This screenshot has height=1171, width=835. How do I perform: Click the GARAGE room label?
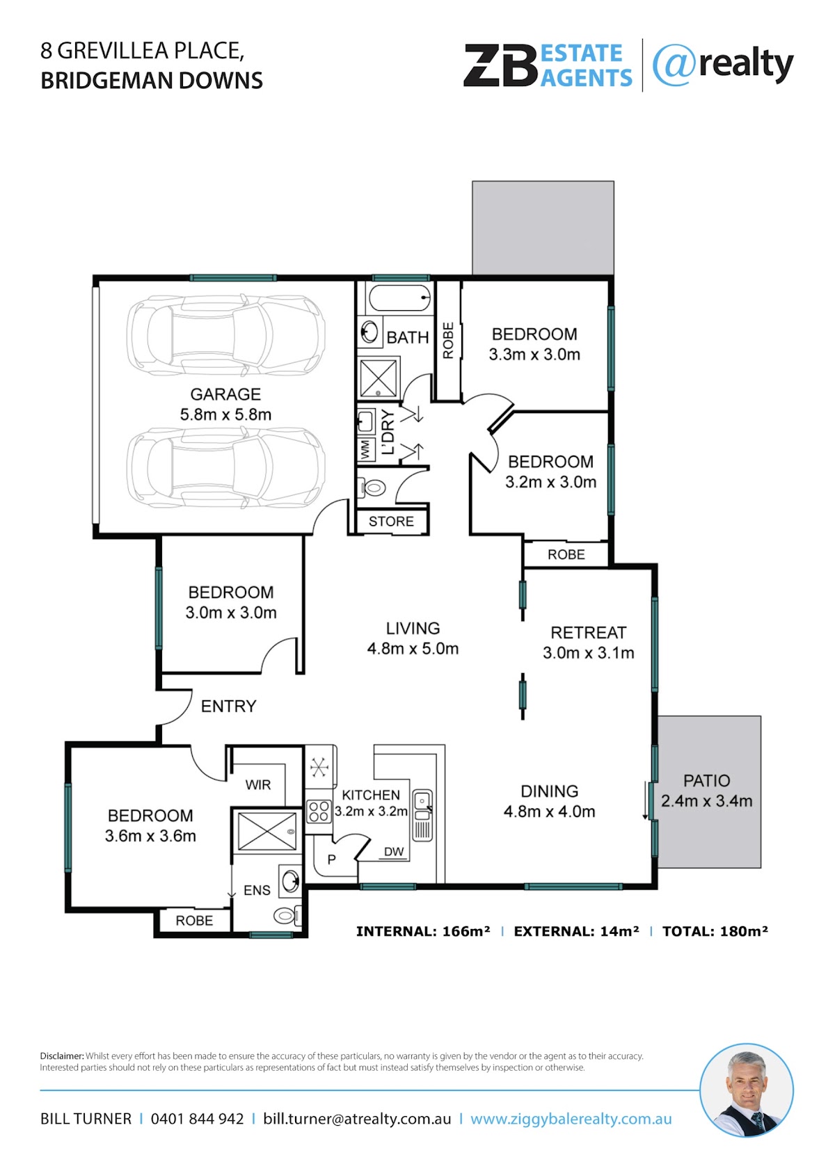225,394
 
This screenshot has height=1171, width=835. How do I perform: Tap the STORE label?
391,522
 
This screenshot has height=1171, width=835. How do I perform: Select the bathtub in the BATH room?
400,298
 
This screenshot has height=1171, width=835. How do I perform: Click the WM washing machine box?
365,450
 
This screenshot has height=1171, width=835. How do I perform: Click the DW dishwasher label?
394,852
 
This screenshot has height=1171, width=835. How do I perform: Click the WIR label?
258,784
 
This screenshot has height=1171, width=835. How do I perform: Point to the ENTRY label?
229,706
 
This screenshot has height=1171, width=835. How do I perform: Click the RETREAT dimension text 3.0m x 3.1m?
589,653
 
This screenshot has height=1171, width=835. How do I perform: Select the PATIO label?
707,781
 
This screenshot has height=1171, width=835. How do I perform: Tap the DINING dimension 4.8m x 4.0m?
549,811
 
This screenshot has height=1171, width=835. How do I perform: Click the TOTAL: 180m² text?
715,931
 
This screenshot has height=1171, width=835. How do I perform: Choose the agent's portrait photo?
747,1090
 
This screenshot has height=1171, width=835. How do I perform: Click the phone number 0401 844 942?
197,1119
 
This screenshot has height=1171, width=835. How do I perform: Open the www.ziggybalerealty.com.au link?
571,1120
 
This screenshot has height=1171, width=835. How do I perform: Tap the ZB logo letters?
501,65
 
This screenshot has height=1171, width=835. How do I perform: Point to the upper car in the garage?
226,335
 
